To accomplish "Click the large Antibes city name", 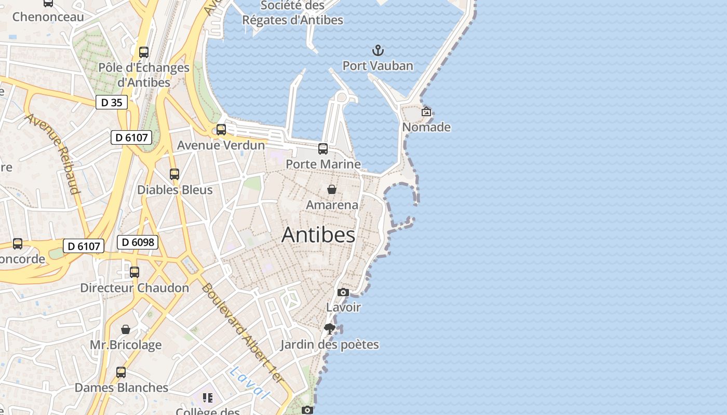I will (318, 235).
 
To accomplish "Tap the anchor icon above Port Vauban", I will (378, 50).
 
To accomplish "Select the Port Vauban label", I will (378, 66).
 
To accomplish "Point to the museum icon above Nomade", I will (426, 112).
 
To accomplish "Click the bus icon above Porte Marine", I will (323, 149).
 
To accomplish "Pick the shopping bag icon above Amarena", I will (332, 189).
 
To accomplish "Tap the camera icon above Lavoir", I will (343, 292).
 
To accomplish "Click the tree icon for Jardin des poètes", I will (329, 328).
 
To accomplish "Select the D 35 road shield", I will (112, 103).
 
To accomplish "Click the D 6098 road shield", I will (137, 242).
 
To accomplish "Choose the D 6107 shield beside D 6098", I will (84, 246).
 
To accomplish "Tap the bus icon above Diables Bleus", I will (174, 174).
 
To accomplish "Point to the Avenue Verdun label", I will (221, 145).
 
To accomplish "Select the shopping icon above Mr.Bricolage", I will (126, 329).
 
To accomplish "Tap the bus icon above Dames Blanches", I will (121, 372).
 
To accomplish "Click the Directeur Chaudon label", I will (134, 288).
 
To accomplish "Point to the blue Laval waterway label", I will (250, 383).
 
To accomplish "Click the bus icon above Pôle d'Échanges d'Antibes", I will (144, 52).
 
